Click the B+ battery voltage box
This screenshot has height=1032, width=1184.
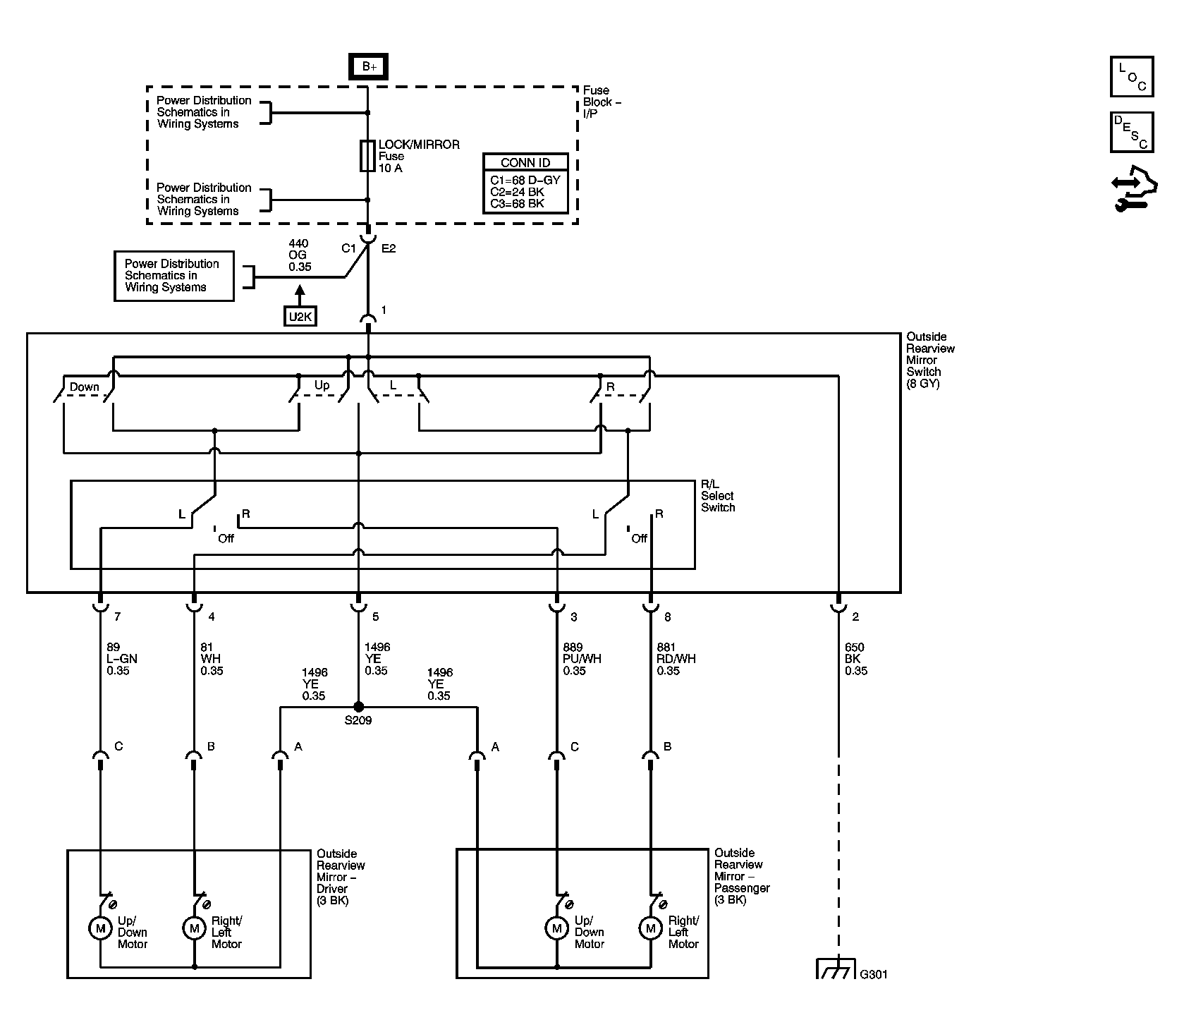369,67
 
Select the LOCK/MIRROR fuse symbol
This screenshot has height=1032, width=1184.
367,156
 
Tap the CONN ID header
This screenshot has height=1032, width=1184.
525,162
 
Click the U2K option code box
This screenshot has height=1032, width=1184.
300,317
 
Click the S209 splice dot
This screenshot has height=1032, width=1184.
358,706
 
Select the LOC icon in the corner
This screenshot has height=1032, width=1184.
1132,77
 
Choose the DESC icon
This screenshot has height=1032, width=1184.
1132,133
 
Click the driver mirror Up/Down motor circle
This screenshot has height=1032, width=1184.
100,927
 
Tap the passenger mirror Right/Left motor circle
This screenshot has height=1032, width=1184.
650,927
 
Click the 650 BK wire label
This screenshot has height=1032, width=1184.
856,659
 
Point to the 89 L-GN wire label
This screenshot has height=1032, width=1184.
122,659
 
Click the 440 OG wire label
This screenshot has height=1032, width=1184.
300,255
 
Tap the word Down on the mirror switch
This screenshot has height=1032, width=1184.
84,387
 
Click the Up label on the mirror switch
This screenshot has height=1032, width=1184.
322,385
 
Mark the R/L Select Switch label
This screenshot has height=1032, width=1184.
718,496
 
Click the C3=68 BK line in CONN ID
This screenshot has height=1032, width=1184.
518,204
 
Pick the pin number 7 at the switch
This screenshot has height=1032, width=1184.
118,617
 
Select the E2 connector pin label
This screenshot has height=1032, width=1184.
389,248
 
